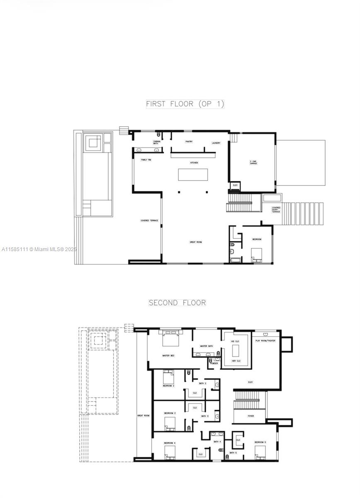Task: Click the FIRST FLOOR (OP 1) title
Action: (x=185, y=104)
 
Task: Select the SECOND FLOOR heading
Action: (x=177, y=303)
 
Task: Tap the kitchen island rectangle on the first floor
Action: (x=194, y=174)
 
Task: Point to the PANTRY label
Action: (x=189, y=142)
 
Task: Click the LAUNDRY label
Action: (x=216, y=143)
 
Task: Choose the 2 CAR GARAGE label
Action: (x=253, y=162)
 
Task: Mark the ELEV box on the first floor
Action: (x=235, y=185)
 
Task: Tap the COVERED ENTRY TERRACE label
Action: (x=276, y=210)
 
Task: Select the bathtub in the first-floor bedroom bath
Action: (x=236, y=260)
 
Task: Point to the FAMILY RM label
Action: (x=146, y=159)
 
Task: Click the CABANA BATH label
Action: (x=157, y=142)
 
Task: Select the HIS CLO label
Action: (x=236, y=341)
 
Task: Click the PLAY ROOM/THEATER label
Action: (x=265, y=341)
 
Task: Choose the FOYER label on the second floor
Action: (x=250, y=415)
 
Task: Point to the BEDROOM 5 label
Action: (x=260, y=442)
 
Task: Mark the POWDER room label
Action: (x=214, y=363)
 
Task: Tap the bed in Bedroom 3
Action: (x=170, y=423)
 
